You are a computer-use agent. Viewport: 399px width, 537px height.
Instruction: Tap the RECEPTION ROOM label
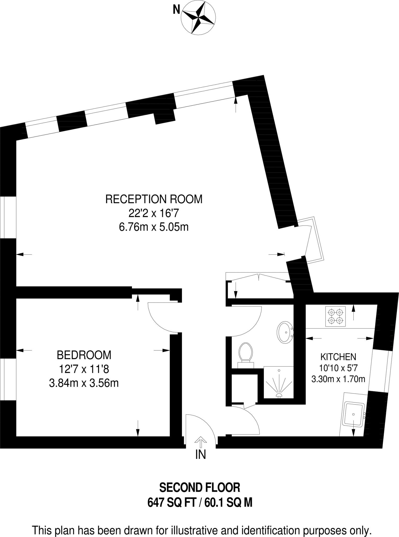154,199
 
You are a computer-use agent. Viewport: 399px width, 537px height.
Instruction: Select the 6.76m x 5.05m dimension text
154,227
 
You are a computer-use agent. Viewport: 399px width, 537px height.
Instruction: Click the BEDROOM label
84,355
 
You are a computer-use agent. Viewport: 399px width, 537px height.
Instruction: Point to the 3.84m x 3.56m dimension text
84,383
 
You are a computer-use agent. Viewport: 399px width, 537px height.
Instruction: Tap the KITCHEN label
338,357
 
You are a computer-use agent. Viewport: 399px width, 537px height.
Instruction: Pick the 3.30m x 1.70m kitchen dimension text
338,379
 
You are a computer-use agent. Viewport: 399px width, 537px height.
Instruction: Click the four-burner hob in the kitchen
335,316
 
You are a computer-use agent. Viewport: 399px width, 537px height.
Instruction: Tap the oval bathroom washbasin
285,332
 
